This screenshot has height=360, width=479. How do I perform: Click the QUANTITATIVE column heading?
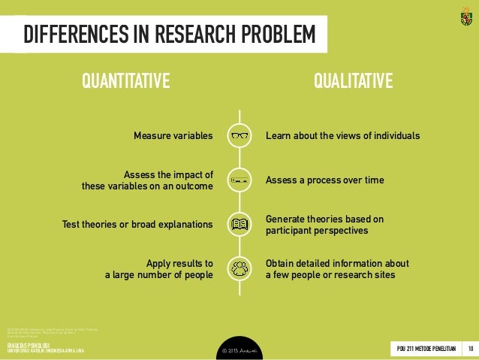[x=126, y=80]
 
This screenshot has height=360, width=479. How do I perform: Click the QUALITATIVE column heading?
[x=352, y=80]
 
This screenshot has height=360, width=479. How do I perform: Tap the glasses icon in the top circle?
[x=239, y=136]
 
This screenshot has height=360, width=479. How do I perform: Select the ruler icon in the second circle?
[x=239, y=180]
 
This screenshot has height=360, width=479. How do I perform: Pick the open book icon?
[x=239, y=224]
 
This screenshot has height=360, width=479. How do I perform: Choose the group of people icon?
[x=239, y=268]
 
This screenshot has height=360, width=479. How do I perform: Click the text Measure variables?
[x=173, y=136]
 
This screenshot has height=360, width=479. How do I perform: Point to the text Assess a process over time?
[x=324, y=180]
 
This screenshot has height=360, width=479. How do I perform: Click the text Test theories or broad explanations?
[x=137, y=224]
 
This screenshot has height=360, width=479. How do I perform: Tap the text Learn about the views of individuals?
[x=342, y=136]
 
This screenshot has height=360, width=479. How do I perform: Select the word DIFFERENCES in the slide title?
[x=67, y=34]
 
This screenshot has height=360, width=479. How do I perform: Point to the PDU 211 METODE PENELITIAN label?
[x=425, y=347]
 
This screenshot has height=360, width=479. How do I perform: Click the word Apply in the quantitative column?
[x=160, y=263]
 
